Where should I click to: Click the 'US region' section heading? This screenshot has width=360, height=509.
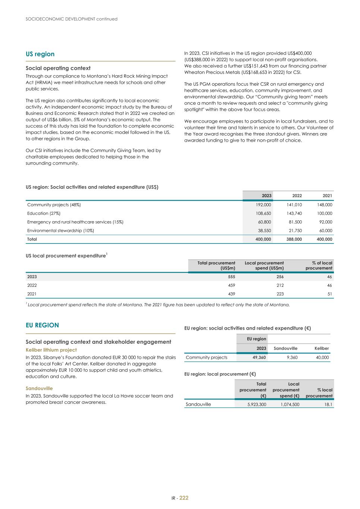pos(40,54)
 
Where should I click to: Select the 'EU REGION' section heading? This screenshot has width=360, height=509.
pos(42,325)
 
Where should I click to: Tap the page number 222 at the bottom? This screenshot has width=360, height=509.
pos(184,498)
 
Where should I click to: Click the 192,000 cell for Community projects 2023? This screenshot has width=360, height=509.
pos(263,205)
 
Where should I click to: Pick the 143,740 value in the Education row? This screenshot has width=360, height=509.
pos(294,213)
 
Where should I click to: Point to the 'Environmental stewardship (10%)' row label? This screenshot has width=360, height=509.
pos(60,230)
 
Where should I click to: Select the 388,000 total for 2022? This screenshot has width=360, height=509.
pos(294,239)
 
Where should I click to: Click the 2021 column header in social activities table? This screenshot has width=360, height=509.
pos(327,195)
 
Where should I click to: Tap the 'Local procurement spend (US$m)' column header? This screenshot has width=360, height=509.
pos(264,266)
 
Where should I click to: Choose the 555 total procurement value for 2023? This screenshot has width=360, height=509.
pos(231,277)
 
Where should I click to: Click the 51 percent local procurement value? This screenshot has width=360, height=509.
pos(329,294)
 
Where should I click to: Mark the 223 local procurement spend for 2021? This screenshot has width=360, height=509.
pos(280,294)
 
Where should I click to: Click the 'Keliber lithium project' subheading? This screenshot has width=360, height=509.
pos(51,350)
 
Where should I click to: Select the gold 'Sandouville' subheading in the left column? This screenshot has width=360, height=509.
pos(39,388)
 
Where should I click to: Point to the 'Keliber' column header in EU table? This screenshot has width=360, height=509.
pos(322,348)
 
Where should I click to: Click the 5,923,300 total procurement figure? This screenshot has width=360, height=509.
pos(257,404)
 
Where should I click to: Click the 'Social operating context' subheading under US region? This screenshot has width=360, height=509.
pos(58,68)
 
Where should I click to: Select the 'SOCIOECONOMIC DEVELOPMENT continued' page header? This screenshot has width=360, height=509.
pos(72,19)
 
